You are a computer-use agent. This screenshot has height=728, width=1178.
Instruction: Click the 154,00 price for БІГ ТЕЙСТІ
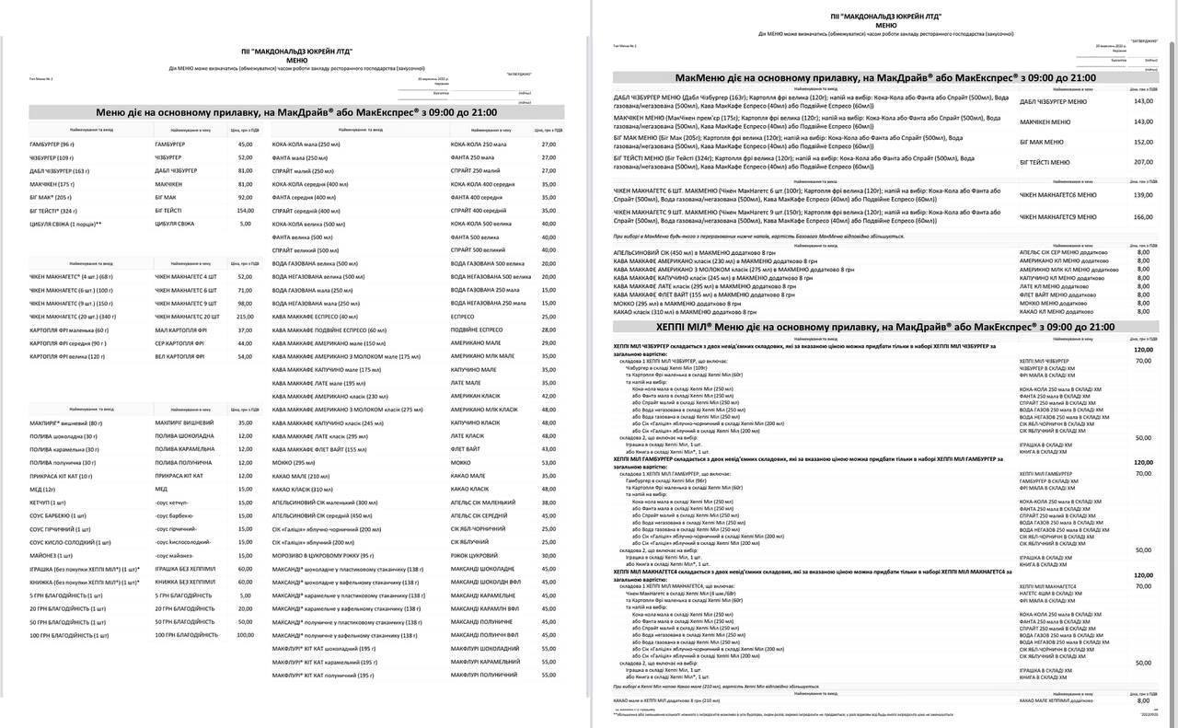(x=245, y=210)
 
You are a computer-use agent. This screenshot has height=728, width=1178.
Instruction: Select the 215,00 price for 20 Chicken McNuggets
(x=245, y=316)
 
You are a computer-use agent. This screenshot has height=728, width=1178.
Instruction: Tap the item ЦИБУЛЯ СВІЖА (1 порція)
(x=65, y=224)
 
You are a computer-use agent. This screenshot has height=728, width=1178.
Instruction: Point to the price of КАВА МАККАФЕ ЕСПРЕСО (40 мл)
(x=549, y=316)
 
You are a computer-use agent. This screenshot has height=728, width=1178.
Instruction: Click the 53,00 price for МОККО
(x=549, y=462)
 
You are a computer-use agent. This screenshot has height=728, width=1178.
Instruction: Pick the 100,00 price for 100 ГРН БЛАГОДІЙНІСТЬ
(x=244, y=635)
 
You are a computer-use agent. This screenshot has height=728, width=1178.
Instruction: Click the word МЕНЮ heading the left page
(x=297, y=60)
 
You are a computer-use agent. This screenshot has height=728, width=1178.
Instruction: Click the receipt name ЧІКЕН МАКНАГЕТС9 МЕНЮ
(x=1058, y=217)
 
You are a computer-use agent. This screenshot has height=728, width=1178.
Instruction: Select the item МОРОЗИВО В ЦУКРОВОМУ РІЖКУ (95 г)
(x=323, y=555)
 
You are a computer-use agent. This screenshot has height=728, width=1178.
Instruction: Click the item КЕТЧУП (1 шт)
(x=48, y=503)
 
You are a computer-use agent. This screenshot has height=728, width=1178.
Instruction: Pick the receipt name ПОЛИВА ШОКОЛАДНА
(x=184, y=435)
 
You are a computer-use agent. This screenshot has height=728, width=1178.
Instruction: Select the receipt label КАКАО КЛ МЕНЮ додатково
(x=1057, y=312)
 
